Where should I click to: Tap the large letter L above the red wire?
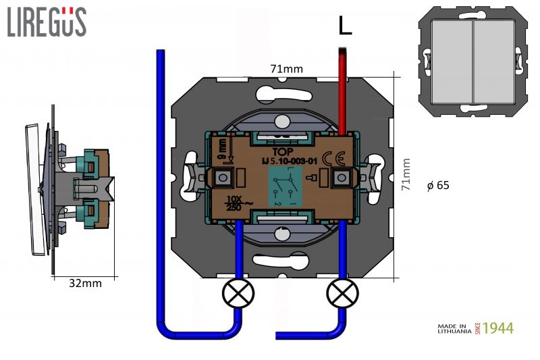[345, 26]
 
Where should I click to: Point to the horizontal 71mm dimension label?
[286, 68]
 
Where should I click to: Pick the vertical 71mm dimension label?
[406, 175]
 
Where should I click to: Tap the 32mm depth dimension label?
[85, 284]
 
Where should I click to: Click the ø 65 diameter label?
[438, 185]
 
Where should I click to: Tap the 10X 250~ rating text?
[235, 203]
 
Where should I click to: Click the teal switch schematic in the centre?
[283, 186]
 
